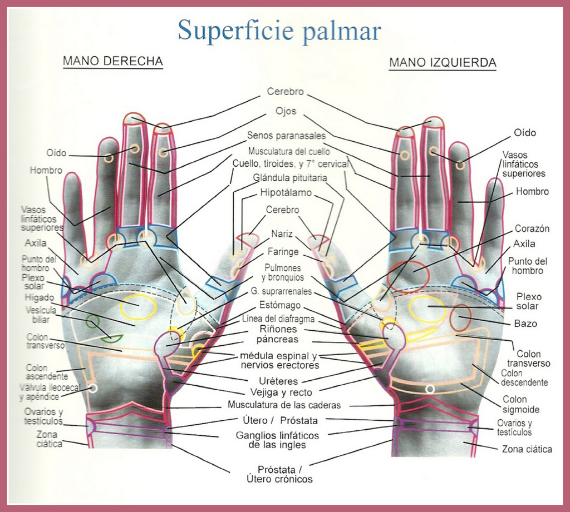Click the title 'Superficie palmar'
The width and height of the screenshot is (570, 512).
279,30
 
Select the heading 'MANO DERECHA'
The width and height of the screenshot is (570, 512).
112,61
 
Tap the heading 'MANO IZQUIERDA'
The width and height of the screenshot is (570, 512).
442,62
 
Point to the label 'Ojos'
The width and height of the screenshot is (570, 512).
286,111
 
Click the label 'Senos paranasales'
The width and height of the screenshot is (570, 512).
287,135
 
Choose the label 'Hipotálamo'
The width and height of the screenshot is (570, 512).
286,193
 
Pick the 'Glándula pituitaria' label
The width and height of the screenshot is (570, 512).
290,178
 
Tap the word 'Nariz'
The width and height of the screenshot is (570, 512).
282,233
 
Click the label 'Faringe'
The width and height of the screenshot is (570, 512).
283,251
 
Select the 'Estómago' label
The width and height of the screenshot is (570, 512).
280,305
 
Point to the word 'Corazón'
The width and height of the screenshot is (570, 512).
532,228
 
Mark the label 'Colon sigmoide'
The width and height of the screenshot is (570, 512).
521,404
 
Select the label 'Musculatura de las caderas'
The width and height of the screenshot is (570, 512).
284,405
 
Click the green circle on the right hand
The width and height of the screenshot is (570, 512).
93,322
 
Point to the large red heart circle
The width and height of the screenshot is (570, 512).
409,276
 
